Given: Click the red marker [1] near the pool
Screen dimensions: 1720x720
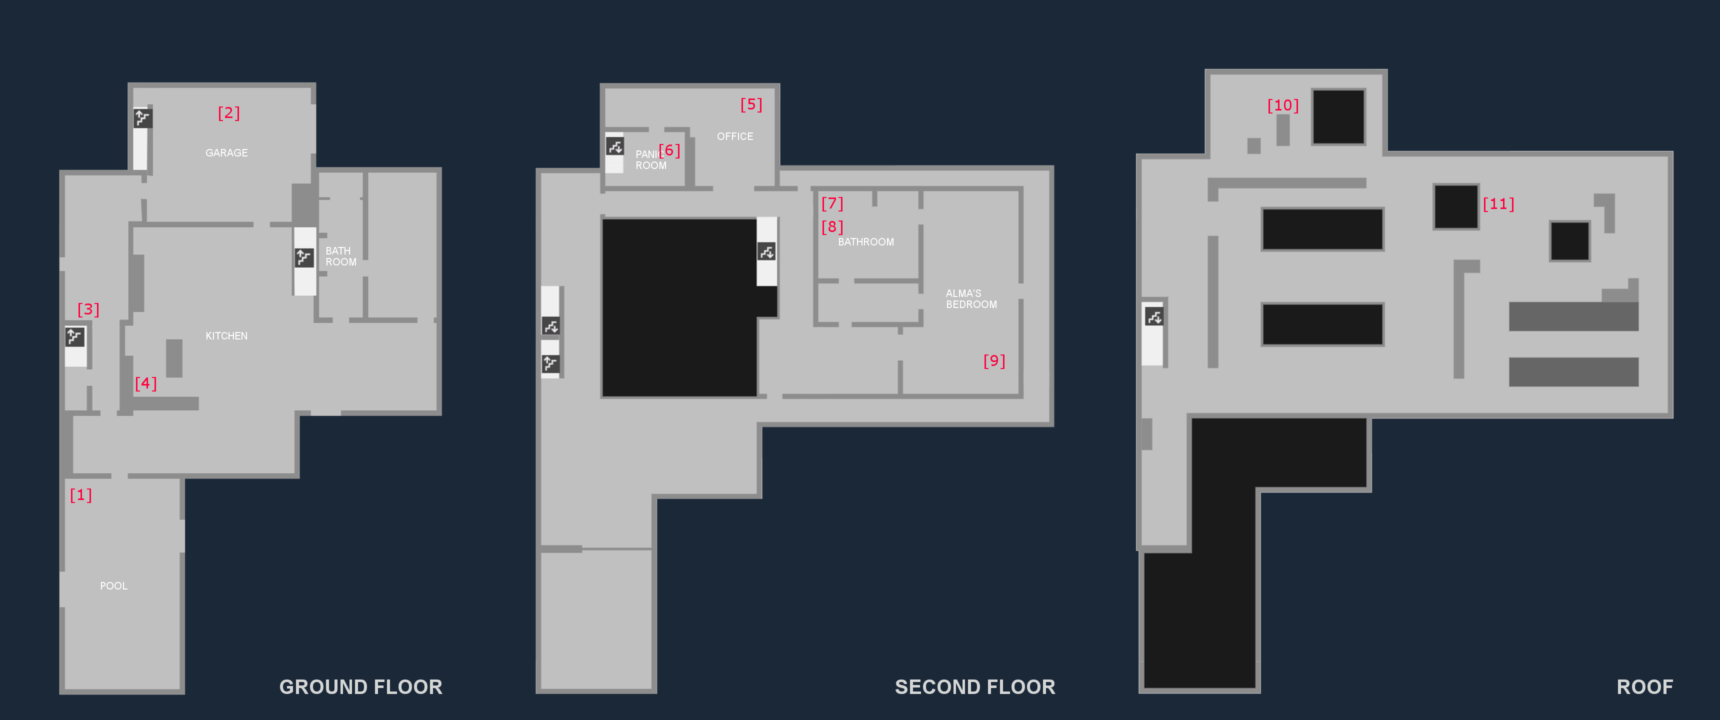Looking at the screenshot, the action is pyautogui.click(x=81, y=495).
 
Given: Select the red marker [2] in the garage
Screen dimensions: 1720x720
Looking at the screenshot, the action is pyautogui.click(x=229, y=113).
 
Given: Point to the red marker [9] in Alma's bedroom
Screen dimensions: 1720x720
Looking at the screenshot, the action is pyautogui.click(x=994, y=360).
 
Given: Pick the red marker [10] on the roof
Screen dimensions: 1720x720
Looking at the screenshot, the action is pyautogui.click(x=1282, y=105).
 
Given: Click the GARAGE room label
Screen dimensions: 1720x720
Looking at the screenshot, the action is pyautogui.click(x=226, y=153).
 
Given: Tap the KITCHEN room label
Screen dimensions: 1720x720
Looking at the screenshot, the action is pyautogui.click(x=226, y=336).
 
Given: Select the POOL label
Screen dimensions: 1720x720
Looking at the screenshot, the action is pyautogui.click(x=113, y=586).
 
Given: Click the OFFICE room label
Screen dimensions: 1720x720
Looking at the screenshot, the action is pyautogui.click(x=734, y=136).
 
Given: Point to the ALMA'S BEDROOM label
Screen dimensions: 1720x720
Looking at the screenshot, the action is pyautogui.click(x=971, y=298).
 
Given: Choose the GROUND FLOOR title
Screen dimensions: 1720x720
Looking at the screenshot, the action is pyautogui.click(x=360, y=686).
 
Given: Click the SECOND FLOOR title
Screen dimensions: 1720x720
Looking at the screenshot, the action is pyautogui.click(x=975, y=686).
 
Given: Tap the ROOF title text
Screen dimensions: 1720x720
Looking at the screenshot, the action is pyautogui.click(x=1644, y=686).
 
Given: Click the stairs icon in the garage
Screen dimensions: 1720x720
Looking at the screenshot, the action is pyautogui.click(x=142, y=118).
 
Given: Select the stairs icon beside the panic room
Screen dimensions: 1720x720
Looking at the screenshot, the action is pyautogui.click(x=615, y=146).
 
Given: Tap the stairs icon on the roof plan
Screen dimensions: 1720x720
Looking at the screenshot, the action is pyautogui.click(x=1154, y=316).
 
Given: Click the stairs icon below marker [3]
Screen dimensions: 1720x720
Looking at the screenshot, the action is pyautogui.click(x=75, y=336).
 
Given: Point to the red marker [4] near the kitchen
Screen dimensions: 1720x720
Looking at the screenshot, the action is pyautogui.click(x=145, y=383).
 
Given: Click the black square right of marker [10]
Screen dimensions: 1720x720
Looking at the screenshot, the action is pyautogui.click(x=1338, y=117).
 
